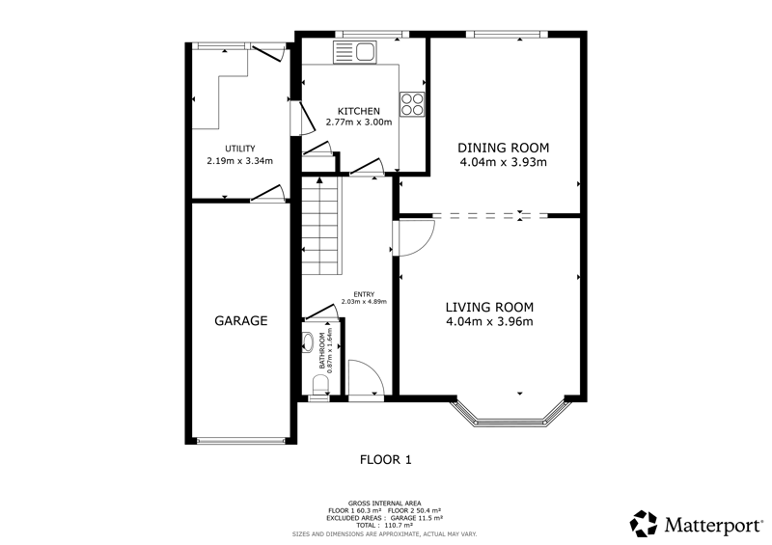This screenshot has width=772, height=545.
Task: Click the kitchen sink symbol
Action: [354, 52]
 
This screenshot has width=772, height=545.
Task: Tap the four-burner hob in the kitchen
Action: [412, 104]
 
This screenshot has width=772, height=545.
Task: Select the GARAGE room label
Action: [240, 321]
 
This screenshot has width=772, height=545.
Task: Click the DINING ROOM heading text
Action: [503, 148]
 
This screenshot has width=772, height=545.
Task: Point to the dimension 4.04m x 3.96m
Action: [489, 322]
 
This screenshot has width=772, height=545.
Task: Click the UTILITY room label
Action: [239, 149]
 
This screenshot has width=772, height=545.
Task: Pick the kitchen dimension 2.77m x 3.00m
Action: [358, 123]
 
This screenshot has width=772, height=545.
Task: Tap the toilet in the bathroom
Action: [320, 384]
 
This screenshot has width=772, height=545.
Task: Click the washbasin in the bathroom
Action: [308, 342]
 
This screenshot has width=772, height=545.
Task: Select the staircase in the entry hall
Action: [321, 226]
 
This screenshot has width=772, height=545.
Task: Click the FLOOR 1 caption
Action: [385, 460]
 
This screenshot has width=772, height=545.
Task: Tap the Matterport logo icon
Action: [644, 524]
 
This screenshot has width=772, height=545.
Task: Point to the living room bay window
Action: [510, 415]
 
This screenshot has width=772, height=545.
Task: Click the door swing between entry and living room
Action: [415, 238]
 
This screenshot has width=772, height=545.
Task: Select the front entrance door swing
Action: [366, 377]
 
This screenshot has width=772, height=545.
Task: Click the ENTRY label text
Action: [364, 294]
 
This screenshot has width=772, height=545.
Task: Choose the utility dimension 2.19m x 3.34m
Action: [239, 161]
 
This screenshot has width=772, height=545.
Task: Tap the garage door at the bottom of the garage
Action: [240, 441]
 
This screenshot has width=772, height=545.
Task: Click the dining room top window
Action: [507, 34]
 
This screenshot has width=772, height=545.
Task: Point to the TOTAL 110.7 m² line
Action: [384, 526]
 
